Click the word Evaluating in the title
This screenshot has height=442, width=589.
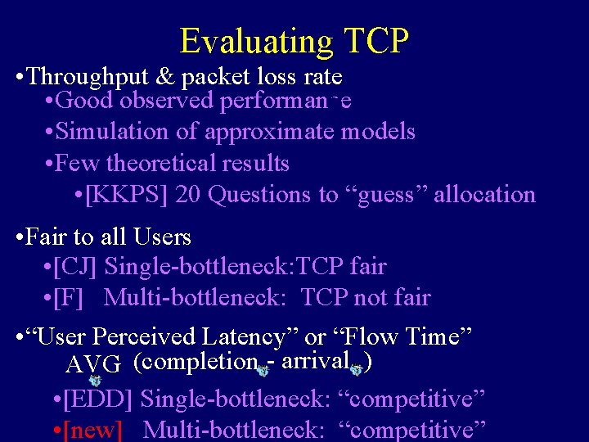pos(256,40)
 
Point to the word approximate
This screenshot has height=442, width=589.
pos(269,131)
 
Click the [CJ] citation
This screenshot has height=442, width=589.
pos(74,267)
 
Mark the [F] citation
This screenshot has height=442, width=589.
pos(68,298)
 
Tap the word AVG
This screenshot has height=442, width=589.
pos(94,363)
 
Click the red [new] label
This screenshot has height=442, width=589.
pos(92,430)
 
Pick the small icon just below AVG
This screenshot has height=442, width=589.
pos(94,380)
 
